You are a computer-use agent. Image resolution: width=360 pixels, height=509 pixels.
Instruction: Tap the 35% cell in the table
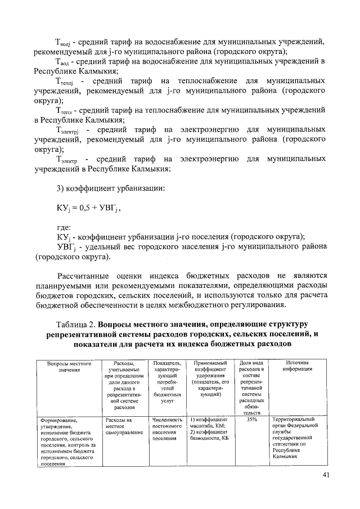click(251, 420)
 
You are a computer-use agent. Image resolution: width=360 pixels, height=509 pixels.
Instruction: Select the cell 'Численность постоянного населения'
click(167, 427)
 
